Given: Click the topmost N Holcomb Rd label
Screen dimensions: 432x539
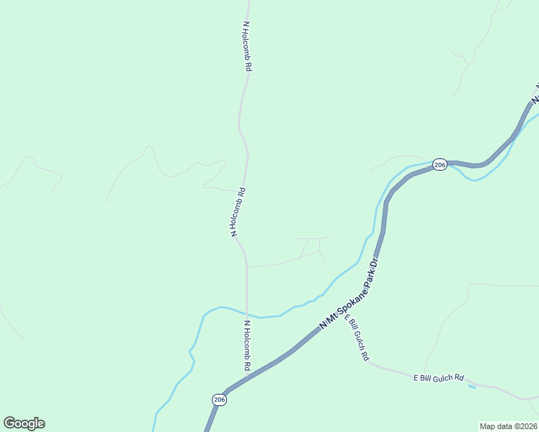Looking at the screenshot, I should [247, 45].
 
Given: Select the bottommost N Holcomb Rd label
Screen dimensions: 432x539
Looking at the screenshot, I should [246, 346].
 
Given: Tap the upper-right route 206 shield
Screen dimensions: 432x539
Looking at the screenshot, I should [440, 166].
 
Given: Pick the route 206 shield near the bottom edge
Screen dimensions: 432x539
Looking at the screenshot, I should [220, 400].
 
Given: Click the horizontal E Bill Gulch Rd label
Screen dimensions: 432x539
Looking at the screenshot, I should [438, 377].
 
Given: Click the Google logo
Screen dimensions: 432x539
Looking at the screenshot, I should [24, 423].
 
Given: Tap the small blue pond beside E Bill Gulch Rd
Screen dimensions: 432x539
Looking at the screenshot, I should [472, 387].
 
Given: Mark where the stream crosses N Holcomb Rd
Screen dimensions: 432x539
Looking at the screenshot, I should [247, 315].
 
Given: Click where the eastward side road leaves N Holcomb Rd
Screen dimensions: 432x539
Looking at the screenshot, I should [247, 266].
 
